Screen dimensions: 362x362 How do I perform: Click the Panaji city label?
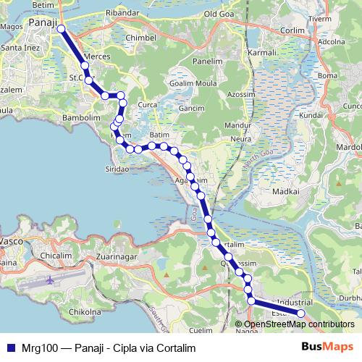pyautogui.click(x=43, y=23)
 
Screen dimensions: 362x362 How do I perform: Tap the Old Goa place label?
pyautogui.click(x=220, y=14)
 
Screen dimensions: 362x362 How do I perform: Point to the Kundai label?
pyautogui.click(x=310, y=115)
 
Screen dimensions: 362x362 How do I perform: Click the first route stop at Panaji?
pyautogui.click(x=61, y=29)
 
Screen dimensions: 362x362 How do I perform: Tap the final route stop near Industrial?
pyautogui.click(x=301, y=313)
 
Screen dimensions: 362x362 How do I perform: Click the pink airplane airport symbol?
pyautogui.click(x=49, y=279)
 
